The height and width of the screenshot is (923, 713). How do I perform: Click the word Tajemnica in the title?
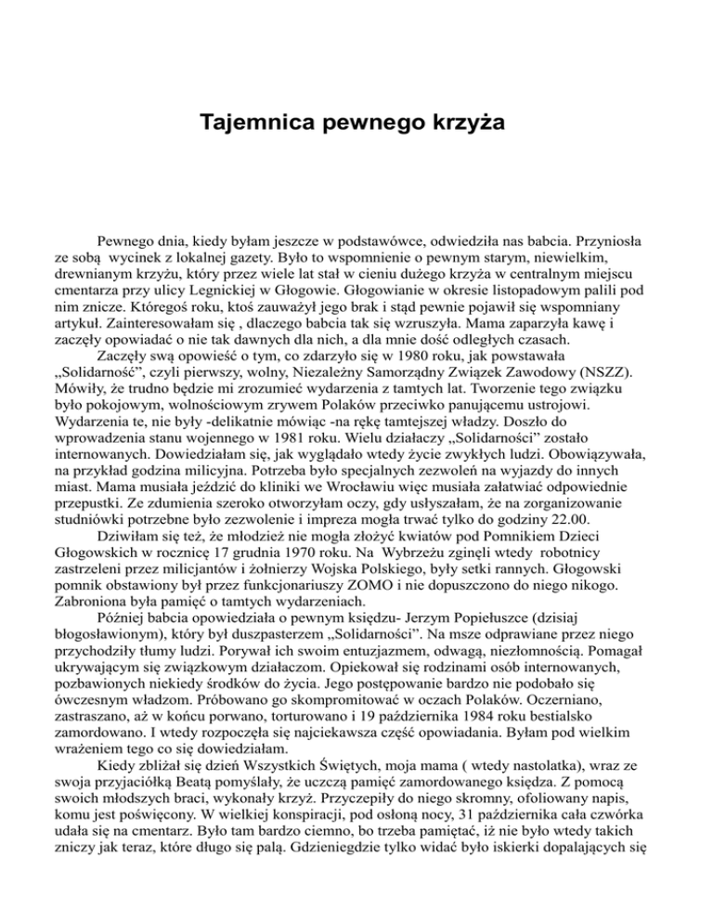click(x=248, y=122)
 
